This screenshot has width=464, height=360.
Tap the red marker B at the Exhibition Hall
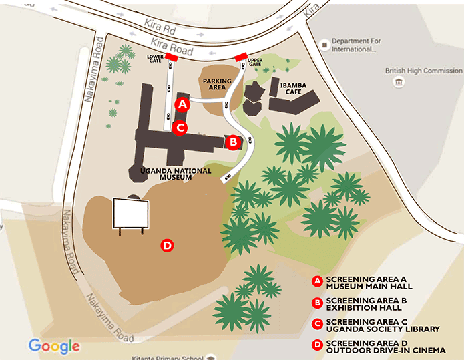(x=232, y=142)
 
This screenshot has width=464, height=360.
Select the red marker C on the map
(x=180, y=127)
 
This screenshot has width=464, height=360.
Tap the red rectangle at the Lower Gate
(x=172, y=58)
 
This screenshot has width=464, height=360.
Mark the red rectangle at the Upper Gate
(x=242, y=57)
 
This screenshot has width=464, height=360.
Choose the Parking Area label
(x=217, y=85)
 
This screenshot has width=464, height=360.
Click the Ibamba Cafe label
(x=294, y=89)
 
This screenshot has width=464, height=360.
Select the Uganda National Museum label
(x=176, y=174)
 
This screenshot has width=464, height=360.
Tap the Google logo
(x=54, y=346)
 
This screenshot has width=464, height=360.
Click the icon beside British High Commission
(x=399, y=82)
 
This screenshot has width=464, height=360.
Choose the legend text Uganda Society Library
(x=383, y=329)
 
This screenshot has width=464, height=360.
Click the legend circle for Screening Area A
(x=318, y=281)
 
